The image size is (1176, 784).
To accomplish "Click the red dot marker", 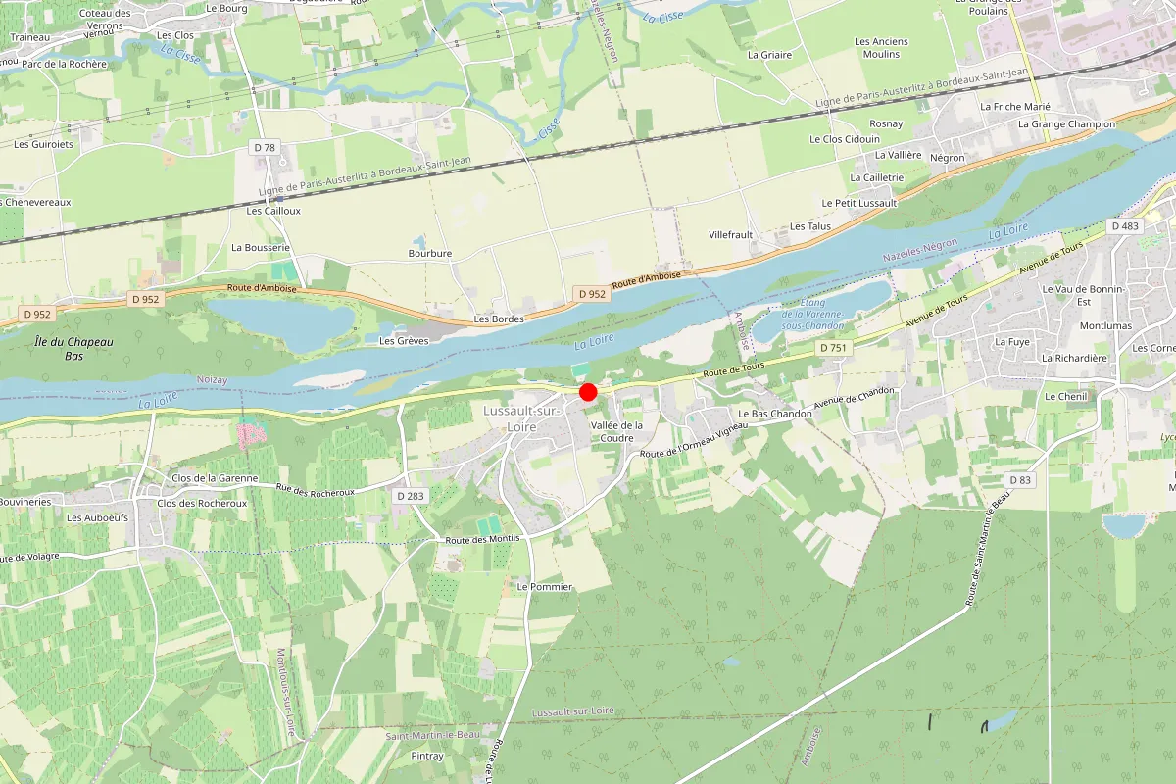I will pos(588,392).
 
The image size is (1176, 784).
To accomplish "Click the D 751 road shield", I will pos(834,348).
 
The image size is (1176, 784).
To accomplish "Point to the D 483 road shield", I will pos(1126,226).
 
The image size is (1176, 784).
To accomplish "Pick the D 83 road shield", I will pos(1021,480).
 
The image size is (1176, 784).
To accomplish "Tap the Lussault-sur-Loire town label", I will pos(521,419).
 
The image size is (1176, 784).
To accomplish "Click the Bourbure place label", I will pos(430,253).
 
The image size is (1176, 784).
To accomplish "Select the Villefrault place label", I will pos(730,235).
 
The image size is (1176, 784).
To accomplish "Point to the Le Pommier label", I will pos(544,586).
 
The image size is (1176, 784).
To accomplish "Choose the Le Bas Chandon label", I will pos(774,414).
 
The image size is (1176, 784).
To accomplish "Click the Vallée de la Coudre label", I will pos(616,431).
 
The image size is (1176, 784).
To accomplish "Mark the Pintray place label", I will pos(427,756).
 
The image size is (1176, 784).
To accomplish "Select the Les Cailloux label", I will pos(273,211).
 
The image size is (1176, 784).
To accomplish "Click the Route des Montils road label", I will pos(482,539).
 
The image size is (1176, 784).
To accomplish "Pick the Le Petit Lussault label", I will pos(859,203).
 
